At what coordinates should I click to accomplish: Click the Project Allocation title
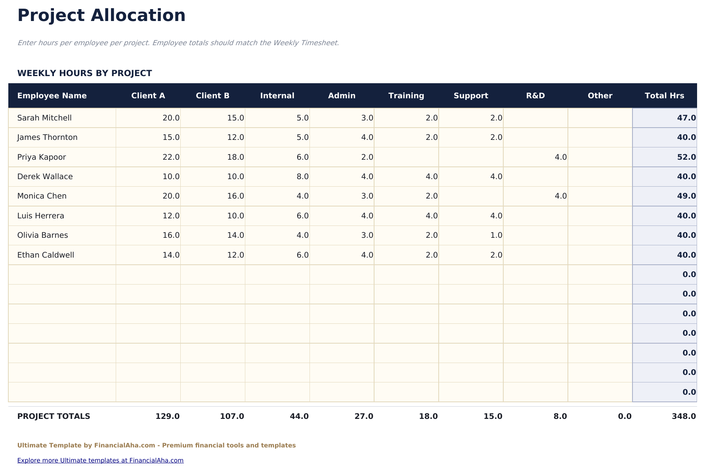click(101, 16)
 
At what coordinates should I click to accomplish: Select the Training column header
click(406, 96)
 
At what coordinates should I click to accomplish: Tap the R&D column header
click(535, 96)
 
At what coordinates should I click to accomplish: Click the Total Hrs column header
click(664, 96)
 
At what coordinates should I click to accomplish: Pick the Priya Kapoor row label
click(42, 157)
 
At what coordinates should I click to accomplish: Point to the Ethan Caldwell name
click(46, 255)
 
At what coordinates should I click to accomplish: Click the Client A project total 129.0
click(168, 416)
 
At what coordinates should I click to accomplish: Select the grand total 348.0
click(684, 416)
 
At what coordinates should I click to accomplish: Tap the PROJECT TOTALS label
click(53, 416)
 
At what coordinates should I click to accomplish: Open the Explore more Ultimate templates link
click(100, 460)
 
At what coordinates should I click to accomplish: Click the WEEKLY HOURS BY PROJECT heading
click(84, 73)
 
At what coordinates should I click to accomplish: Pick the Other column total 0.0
click(625, 416)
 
